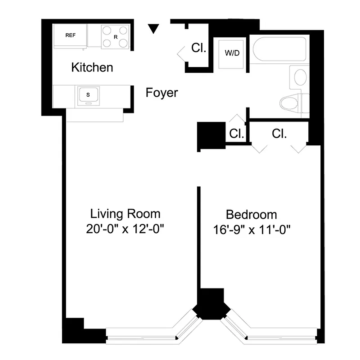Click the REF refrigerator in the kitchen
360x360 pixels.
click(x=70, y=36)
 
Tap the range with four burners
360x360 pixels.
click(x=114, y=36)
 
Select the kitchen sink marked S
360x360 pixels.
click(x=88, y=95)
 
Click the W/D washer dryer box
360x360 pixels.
click(x=232, y=53)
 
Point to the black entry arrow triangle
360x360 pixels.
click(x=154, y=29)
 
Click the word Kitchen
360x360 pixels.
click(x=92, y=68)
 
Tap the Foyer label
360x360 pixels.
click(x=162, y=93)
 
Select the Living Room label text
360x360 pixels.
click(x=125, y=213)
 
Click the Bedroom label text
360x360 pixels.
click(x=251, y=215)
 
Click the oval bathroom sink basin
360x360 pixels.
click(x=300, y=77)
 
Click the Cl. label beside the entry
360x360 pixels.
click(x=198, y=48)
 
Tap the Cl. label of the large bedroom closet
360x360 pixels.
click(x=279, y=133)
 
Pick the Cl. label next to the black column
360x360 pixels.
click(x=236, y=134)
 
